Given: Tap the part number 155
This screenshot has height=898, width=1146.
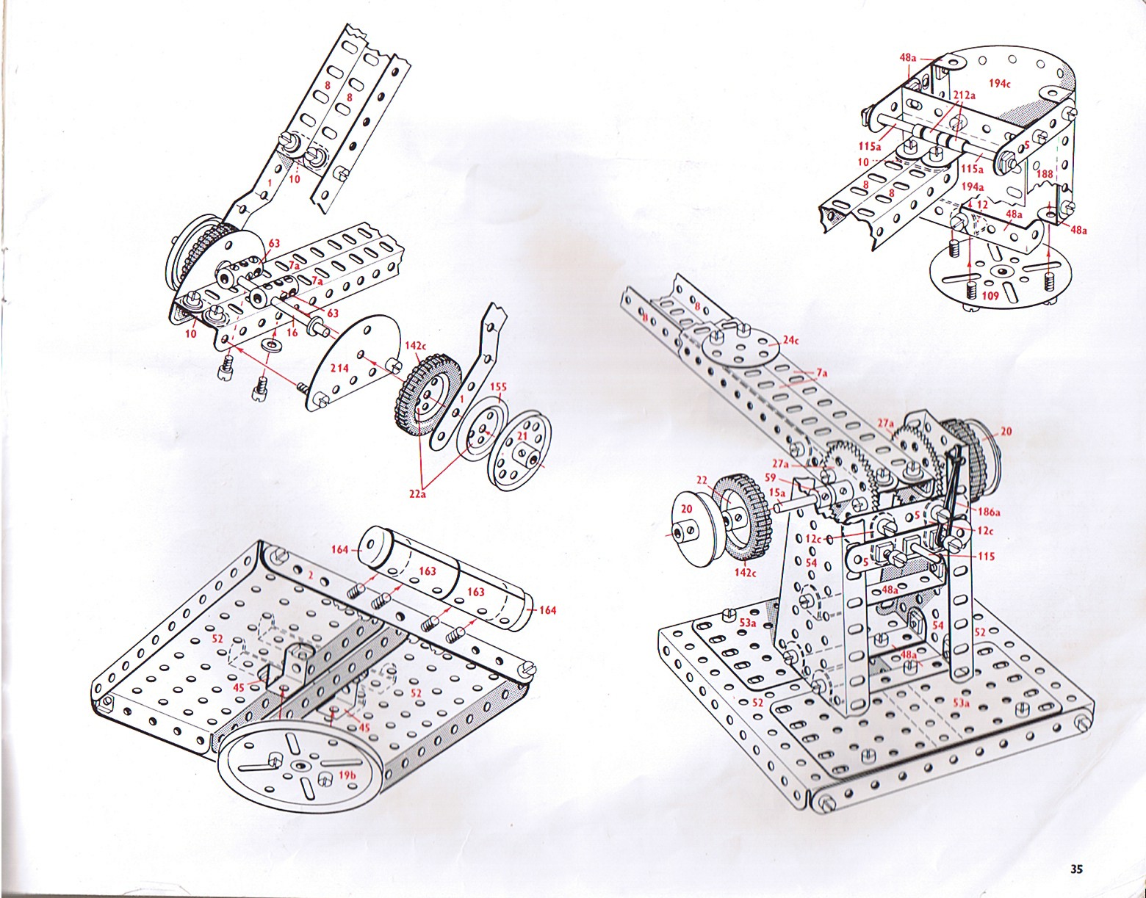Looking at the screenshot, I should coord(498,386).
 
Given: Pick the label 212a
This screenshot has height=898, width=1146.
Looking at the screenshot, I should coord(964,95).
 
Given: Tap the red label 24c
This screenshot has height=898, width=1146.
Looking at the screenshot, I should coord(790,341).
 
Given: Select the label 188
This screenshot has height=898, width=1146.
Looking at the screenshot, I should coord(1045,175).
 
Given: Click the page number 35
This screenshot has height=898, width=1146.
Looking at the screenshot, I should coord(1077,869).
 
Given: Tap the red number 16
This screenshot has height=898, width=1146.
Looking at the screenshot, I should coord(292,333).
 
